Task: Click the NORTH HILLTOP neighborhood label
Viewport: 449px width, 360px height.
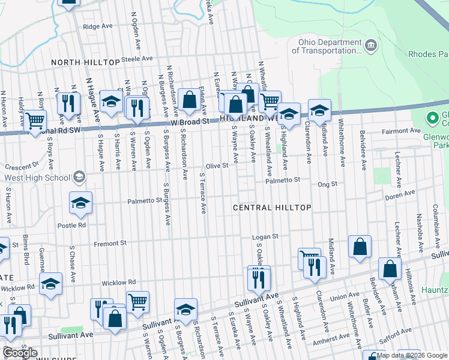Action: [x=85, y=62]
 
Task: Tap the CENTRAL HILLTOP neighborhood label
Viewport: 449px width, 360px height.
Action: [x=272, y=208]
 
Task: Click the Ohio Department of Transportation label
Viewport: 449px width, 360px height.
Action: [x=327, y=46]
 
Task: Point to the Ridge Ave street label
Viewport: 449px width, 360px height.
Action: [x=98, y=26]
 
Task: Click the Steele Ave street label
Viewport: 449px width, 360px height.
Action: [x=137, y=59]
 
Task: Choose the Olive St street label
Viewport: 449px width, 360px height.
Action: [x=217, y=166]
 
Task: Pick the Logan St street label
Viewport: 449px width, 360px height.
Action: [x=265, y=236]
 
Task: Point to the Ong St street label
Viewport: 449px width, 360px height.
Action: [x=328, y=185]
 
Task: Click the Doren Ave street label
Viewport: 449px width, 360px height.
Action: [x=400, y=194]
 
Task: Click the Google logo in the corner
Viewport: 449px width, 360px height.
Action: [x=20, y=353]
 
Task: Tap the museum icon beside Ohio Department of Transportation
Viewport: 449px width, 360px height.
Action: [x=371, y=44]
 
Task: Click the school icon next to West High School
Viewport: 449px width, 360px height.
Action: [x=79, y=178]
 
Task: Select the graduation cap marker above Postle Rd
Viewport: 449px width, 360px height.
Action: [x=80, y=203]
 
